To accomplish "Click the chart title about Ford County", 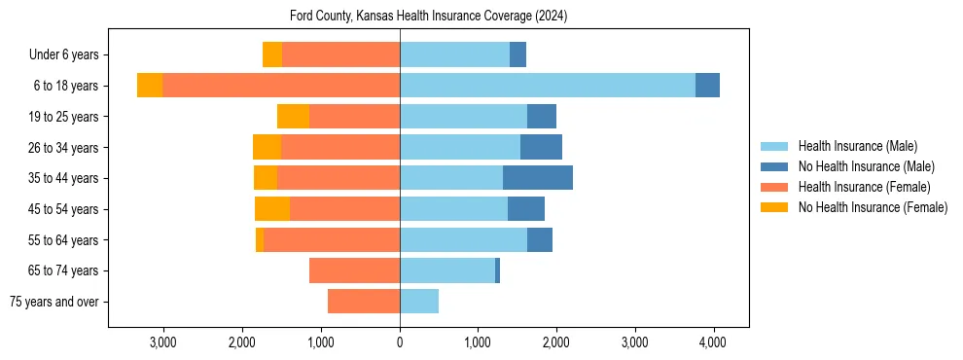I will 428,17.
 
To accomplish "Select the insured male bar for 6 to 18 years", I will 547,86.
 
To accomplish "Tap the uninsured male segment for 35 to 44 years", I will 537,178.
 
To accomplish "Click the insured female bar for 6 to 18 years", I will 280,86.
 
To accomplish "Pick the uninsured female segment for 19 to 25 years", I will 293,117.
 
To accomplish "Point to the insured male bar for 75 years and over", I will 418,302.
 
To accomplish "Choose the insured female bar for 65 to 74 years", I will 354,270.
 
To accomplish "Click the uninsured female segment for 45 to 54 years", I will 272,209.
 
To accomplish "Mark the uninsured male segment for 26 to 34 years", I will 541,147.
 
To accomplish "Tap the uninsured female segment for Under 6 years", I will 272,54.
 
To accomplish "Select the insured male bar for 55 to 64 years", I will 463,239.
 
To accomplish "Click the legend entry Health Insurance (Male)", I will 857,146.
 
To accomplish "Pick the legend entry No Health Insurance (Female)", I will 873,207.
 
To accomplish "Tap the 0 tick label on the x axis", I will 400,343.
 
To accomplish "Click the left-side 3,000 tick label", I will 162,343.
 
